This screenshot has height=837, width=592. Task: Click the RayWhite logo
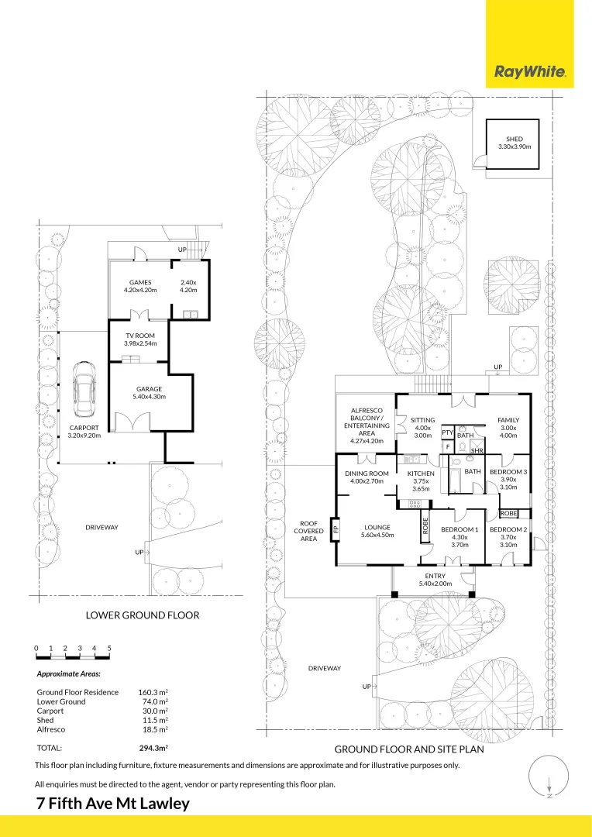[530, 73]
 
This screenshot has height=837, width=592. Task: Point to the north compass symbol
[549, 778]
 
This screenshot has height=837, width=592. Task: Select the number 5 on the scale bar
[109, 647]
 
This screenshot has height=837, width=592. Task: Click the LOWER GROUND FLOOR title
[143, 615]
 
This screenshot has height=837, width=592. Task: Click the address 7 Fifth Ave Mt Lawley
[113, 803]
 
